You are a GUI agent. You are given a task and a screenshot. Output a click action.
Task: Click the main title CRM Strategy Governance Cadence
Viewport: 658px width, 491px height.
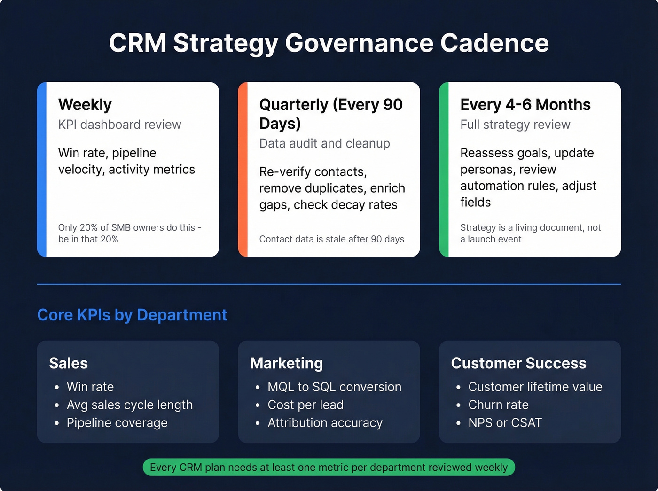(329, 43)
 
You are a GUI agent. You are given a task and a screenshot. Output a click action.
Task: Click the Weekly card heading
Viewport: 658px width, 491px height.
(85, 104)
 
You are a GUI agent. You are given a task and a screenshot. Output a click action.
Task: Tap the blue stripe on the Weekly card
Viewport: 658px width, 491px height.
(42, 169)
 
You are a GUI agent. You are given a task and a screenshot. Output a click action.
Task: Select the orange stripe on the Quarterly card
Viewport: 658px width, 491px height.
(243, 169)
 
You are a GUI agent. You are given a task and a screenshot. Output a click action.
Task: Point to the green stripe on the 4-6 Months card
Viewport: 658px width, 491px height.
(444, 169)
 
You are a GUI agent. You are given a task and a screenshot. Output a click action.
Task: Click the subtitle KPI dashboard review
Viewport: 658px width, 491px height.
(119, 125)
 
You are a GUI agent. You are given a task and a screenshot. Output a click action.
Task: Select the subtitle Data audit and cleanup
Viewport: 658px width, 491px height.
(324, 143)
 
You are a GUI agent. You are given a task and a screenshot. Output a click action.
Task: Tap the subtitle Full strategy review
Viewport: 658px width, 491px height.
(515, 125)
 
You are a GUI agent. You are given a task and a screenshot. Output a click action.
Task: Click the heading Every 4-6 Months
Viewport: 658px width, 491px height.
(525, 104)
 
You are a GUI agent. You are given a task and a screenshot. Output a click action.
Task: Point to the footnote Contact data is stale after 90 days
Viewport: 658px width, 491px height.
(331, 239)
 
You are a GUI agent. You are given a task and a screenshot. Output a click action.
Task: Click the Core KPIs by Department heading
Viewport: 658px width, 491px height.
(132, 315)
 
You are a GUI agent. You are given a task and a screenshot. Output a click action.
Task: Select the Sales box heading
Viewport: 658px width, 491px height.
(68, 363)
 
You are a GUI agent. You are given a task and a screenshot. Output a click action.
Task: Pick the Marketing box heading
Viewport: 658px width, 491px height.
(286, 363)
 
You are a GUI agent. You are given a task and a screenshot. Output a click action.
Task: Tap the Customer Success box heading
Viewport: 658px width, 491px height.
(518, 363)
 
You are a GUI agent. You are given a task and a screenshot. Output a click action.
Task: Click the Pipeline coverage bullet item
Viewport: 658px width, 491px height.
(117, 423)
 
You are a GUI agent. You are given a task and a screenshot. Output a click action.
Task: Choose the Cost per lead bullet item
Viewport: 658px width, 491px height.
(305, 405)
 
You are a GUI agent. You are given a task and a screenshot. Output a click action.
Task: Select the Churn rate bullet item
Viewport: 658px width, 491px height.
(498, 405)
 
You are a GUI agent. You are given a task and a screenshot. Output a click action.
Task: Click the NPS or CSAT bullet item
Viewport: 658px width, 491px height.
(505, 423)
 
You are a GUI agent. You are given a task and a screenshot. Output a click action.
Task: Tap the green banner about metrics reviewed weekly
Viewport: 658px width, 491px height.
(329, 468)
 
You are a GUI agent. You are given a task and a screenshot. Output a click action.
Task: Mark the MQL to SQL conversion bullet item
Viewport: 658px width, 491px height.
(334, 387)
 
